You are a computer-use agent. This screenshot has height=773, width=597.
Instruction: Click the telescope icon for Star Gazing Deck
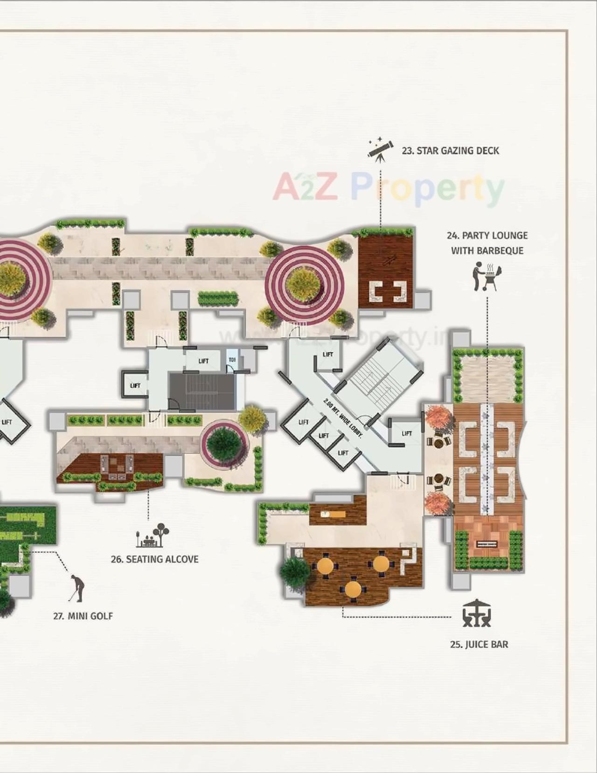(380, 149)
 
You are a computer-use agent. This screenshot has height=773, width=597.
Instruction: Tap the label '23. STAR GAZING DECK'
(450, 151)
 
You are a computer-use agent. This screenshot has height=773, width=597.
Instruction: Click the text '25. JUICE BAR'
(479, 644)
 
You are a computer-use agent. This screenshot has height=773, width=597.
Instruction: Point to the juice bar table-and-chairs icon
(476, 614)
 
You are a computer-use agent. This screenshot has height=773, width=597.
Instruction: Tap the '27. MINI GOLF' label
(83, 616)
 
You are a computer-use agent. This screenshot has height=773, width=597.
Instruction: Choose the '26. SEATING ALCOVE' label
(154, 559)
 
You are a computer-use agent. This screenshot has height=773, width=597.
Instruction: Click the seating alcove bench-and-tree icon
(153, 535)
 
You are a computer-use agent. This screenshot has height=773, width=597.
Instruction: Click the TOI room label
(232, 360)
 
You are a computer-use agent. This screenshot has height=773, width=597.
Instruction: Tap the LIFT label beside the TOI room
(203, 361)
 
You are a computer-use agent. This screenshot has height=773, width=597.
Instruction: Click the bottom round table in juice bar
(353, 589)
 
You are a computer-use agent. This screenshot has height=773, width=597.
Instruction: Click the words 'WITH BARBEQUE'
(487, 251)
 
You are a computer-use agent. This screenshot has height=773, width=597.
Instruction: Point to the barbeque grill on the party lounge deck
(487, 544)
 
